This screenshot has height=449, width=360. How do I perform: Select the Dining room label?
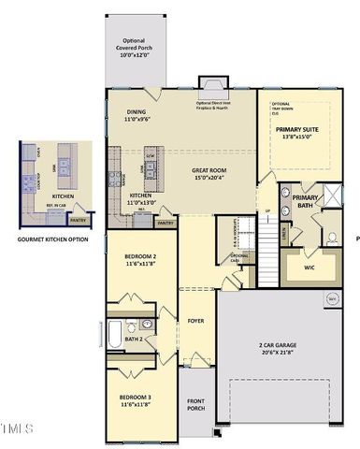point(137,111)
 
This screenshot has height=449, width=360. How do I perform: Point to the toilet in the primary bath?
point(331,238)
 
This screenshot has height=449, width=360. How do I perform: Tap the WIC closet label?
point(310,267)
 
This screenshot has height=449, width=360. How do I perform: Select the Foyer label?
point(196,320)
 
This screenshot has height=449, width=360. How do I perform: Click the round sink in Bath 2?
point(148,324)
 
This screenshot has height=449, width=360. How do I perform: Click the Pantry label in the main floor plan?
point(166,224)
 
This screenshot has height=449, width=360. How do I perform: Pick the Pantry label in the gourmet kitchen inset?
point(79,221)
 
